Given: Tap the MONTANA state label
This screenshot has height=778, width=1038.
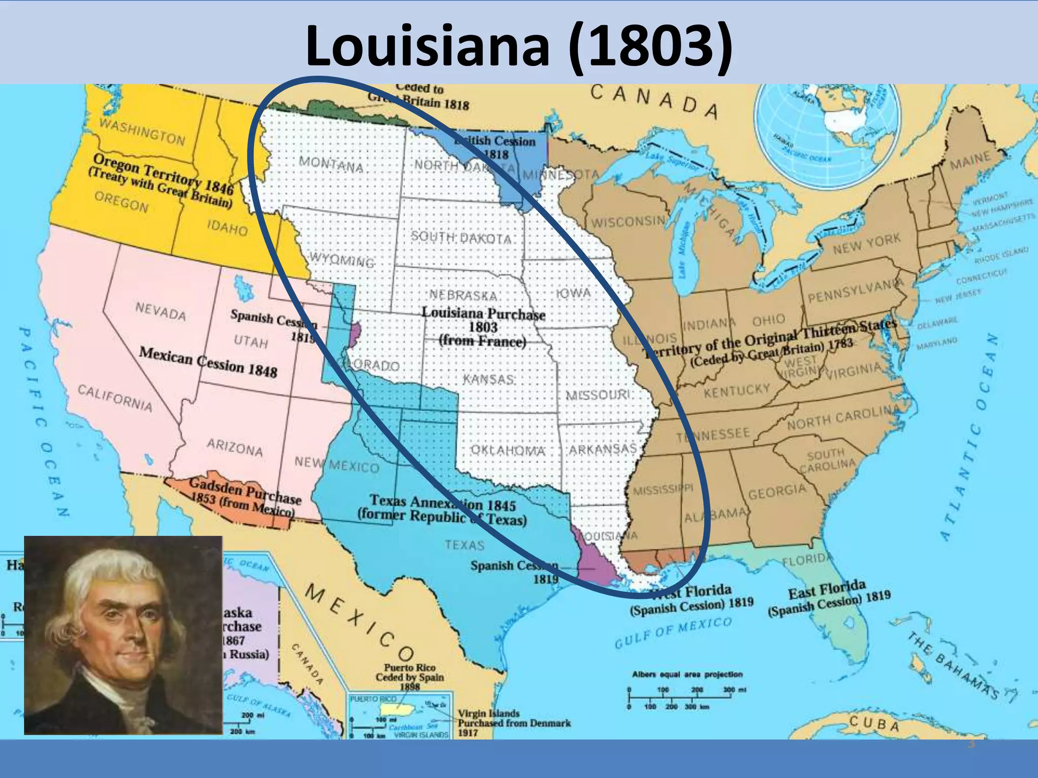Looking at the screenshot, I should [x=331, y=164].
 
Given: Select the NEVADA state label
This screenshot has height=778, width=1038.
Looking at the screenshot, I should [x=161, y=310].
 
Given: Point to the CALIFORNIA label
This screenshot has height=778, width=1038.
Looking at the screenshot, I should [x=115, y=397].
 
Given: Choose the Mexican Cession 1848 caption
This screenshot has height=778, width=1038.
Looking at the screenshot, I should [x=208, y=362].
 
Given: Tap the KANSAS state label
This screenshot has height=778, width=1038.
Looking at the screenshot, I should [x=489, y=379].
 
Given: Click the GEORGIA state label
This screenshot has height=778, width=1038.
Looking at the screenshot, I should [x=777, y=491].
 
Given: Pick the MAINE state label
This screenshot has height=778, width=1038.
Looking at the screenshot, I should [x=970, y=162].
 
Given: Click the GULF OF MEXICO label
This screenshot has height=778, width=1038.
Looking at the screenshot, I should [x=674, y=632].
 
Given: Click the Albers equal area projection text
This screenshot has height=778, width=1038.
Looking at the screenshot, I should [x=687, y=674].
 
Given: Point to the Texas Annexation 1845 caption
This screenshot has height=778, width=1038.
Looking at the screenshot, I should [x=442, y=509].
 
